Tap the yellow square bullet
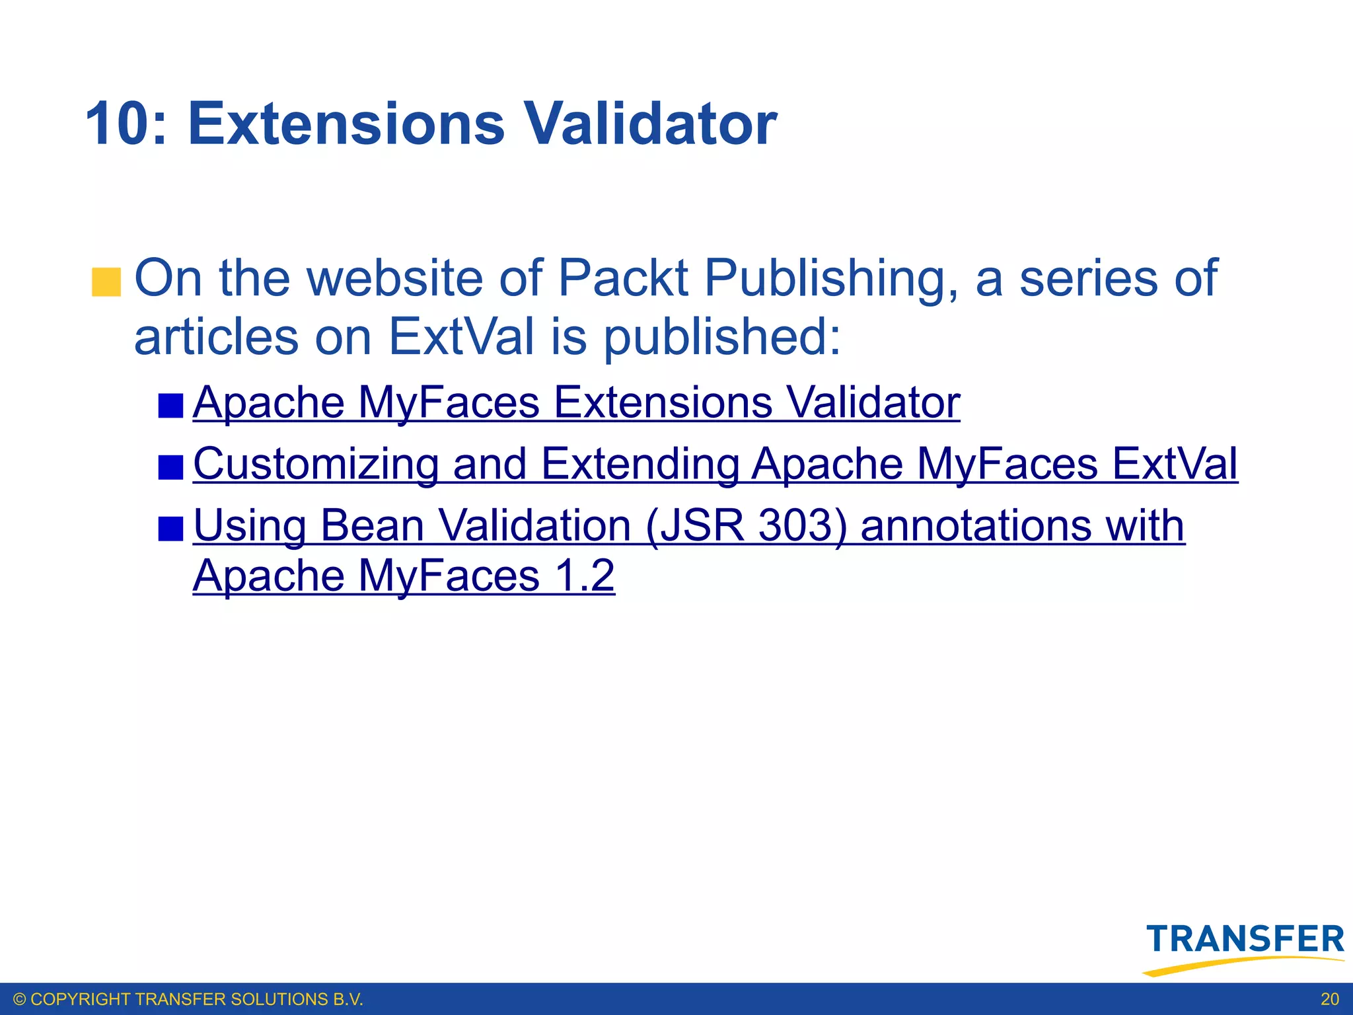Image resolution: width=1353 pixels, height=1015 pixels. click(106, 282)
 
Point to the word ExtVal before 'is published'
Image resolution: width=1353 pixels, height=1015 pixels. click(460, 337)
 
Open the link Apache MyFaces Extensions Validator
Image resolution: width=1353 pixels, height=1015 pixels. click(576, 402)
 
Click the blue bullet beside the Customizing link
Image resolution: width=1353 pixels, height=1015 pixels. click(170, 467)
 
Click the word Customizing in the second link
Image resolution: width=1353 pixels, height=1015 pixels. click(316, 464)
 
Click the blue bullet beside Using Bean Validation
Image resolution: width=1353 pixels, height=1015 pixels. click(170, 529)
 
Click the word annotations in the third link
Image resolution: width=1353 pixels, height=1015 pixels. click(976, 526)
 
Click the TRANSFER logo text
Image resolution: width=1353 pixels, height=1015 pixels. click(1245, 939)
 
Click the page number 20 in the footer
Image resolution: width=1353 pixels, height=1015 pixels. click(1330, 999)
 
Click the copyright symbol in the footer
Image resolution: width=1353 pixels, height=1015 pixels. click(20, 999)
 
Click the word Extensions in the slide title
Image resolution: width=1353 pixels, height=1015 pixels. click(346, 124)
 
